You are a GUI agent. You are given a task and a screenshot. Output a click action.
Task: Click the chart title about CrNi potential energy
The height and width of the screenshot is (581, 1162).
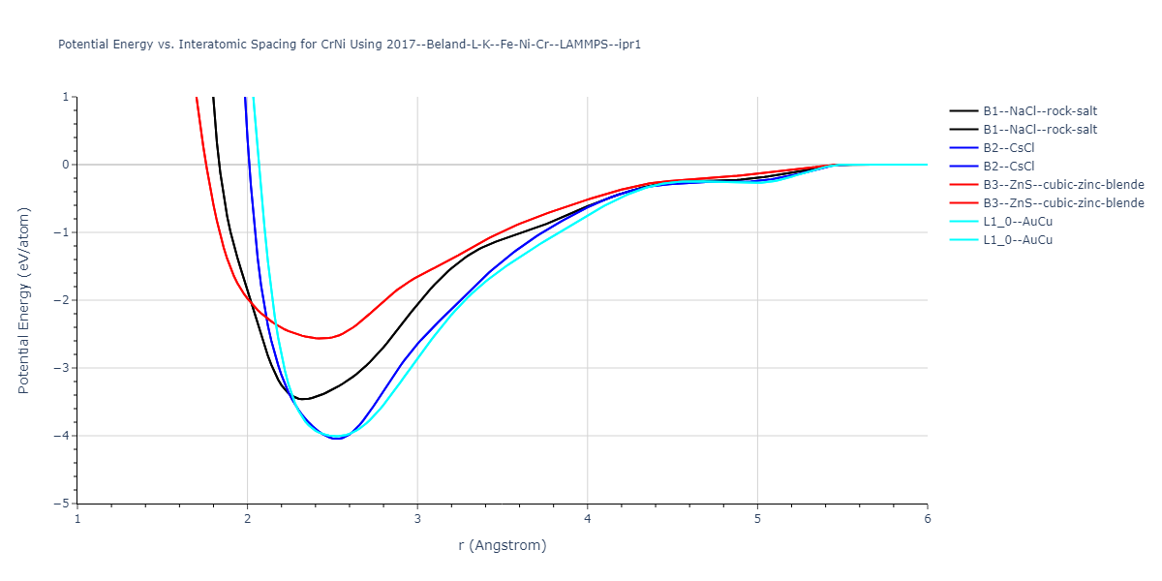pyautogui.click(x=350, y=45)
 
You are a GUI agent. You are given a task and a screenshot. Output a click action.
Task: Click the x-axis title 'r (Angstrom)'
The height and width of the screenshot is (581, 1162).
pyautogui.click(x=503, y=545)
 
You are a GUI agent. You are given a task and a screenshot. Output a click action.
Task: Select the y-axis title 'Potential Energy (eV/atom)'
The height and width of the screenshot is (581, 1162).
pyautogui.click(x=24, y=300)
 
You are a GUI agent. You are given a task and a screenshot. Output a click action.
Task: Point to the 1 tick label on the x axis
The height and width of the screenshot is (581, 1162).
pyautogui.click(x=77, y=519)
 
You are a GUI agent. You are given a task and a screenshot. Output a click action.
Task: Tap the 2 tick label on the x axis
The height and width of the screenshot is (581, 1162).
pyautogui.click(x=248, y=519)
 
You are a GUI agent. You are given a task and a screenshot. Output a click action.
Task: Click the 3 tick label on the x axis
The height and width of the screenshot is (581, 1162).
pyautogui.click(x=417, y=519)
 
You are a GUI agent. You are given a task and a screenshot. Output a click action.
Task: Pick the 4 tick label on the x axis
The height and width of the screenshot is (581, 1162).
pyautogui.click(x=588, y=519)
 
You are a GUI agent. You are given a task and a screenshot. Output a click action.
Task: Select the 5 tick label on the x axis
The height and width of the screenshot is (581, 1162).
pyautogui.click(x=757, y=519)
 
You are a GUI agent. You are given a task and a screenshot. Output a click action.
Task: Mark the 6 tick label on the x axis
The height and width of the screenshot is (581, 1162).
pyautogui.click(x=928, y=519)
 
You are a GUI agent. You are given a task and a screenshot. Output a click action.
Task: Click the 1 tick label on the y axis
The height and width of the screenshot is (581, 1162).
pyautogui.click(x=65, y=97)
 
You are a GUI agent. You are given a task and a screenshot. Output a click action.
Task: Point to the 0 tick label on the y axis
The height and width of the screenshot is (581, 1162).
pyautogui.click(x=65, y=165)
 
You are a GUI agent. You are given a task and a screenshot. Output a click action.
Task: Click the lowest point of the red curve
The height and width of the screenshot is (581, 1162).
pyautogui.click(x=320, y=338)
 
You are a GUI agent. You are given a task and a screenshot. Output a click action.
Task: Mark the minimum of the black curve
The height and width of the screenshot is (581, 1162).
pyautogui.click(x=303, y=399)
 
